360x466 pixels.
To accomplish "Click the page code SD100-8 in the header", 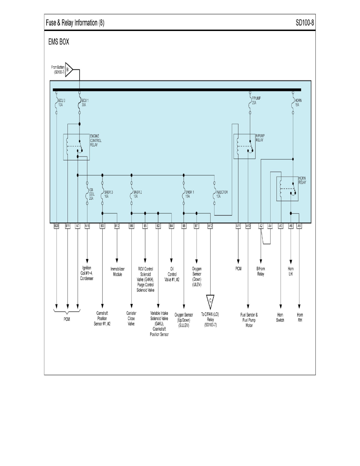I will coord(305,23).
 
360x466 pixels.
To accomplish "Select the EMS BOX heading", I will coord(58,42).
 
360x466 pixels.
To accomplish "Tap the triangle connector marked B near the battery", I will coord(68,70).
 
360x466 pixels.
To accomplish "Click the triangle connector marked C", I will coord(211,300).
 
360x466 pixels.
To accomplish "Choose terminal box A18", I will coord(87,226).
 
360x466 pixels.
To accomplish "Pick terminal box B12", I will coord(117,226).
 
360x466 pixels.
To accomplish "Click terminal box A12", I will coord(211,226).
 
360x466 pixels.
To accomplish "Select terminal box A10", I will coord(248,226).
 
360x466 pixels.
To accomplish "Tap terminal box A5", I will coord(300,226).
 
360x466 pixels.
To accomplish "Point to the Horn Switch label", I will coord(280,317).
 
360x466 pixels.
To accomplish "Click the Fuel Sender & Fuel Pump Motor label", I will coord(249,320).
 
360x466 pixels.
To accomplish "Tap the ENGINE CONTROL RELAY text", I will coord(97,140).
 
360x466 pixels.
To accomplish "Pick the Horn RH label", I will coord(300,317).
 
